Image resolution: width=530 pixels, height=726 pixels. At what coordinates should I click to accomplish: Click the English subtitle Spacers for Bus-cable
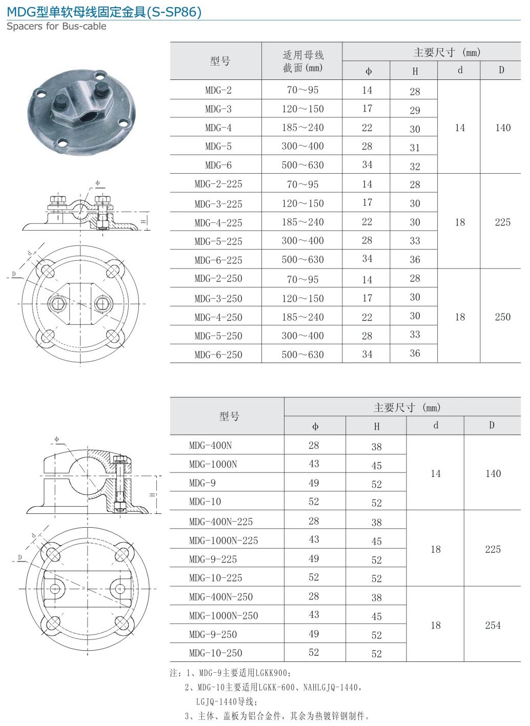click(x=56, y=26)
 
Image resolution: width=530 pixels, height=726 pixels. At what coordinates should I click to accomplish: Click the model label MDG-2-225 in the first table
click(x=218, y=184)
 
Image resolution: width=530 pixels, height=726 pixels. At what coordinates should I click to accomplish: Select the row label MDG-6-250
click(x=218, y=355)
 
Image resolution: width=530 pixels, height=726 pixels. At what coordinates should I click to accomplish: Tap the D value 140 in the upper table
click(x=502, y=128)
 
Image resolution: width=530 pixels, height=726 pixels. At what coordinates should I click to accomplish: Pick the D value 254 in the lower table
click(x=493, y=625)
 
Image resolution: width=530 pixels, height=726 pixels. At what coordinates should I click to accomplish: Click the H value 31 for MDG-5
click(x=415, y=148)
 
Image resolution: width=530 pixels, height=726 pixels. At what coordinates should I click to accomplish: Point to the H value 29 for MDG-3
click(x=415, y=110)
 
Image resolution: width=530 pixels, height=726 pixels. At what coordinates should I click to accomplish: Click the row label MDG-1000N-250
click(x=223, y=615)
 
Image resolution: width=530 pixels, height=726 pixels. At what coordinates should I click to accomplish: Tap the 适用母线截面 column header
click(x=302, y=61)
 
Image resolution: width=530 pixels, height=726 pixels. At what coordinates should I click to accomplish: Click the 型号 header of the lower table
click(x=229, y=416)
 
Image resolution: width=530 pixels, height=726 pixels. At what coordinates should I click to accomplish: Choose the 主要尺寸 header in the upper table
click(x=446, y=52)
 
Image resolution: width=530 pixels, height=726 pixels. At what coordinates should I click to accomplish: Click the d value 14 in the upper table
click(x=460, y=128)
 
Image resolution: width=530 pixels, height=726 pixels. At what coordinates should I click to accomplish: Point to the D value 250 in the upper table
click(x=502, y=317)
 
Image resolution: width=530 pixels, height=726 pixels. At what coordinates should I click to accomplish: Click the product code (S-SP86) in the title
click(x=174, y=11)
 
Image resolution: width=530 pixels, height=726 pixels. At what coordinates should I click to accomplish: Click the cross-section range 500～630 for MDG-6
click(x=302, y=165)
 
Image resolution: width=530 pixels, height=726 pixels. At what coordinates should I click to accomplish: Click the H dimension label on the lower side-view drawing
click(x=152, y=495)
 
